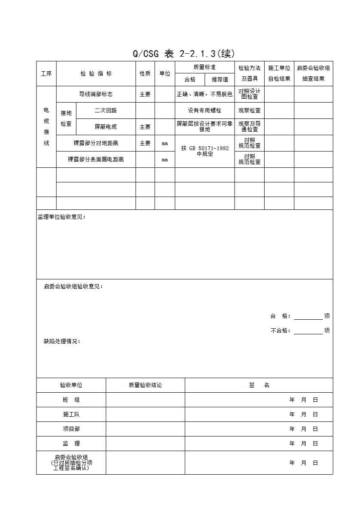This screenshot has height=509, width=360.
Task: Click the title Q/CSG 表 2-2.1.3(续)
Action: point(183,54)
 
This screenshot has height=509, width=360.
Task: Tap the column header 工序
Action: point(46,73)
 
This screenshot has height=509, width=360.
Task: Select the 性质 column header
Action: point(145,73)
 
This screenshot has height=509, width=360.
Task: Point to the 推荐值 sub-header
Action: point(220,79)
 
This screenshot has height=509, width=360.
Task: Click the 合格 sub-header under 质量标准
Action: point(190,79)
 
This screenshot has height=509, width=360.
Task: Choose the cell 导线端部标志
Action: point(96,94)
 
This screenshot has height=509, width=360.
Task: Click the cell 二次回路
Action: point(106,110)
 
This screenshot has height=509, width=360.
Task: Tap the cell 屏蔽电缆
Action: point(106,127)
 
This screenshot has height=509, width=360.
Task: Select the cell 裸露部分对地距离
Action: point(96,143)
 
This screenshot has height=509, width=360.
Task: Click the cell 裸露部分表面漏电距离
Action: point(96,159)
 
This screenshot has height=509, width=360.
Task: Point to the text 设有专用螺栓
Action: point(204,110)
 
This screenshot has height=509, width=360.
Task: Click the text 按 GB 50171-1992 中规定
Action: point(204,151)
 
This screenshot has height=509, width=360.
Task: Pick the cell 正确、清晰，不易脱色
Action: point(204,94)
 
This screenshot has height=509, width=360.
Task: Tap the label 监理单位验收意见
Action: point(62,217)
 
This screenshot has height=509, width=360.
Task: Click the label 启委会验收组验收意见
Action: point(73,286)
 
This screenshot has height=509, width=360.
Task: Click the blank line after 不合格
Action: point(308,331)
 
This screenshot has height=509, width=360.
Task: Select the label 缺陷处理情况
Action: point(62,341)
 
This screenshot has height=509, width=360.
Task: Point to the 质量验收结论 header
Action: point(145,385)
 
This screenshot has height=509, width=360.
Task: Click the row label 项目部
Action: point(71,429)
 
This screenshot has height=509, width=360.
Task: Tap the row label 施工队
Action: point(71,414)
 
